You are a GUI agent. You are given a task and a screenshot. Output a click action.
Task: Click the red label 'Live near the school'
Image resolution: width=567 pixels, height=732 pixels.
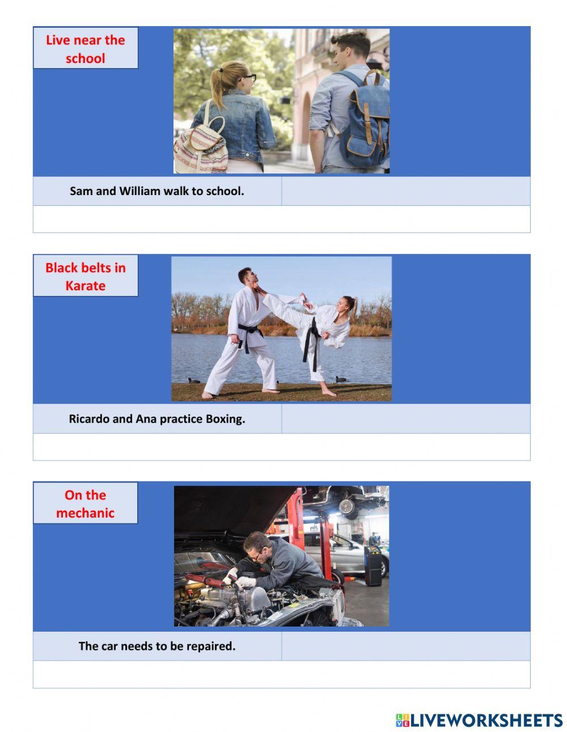point(85,49)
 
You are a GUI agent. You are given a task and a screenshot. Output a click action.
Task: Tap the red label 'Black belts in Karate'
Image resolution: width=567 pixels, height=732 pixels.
point(85,276)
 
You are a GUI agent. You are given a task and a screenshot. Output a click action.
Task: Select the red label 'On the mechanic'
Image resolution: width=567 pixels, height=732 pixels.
point(85,503)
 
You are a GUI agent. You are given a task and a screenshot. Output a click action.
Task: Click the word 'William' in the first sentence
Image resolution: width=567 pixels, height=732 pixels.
point(140,191)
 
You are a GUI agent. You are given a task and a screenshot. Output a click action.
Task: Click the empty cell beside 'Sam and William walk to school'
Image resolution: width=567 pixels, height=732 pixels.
point(405,191)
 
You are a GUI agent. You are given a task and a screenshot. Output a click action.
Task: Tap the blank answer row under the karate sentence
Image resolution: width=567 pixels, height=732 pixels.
point(281,447)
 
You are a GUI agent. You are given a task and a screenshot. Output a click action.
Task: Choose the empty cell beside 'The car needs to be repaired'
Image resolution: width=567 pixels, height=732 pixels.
point(405,646)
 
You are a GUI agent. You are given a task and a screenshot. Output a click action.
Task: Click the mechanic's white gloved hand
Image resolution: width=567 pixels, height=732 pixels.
point(246,582)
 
